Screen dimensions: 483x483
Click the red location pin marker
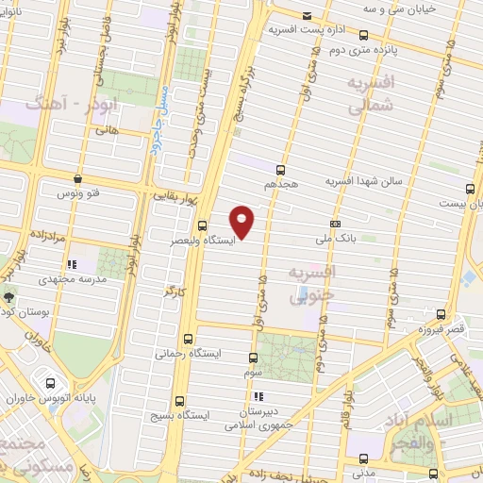[242, 221]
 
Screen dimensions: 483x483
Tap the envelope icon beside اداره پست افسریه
[308, 16]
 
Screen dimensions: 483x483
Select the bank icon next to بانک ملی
[335, 224]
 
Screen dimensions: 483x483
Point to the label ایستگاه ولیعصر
[203, 240]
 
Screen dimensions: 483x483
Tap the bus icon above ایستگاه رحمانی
[189, 338]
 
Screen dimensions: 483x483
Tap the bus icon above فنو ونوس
[78, 178]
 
